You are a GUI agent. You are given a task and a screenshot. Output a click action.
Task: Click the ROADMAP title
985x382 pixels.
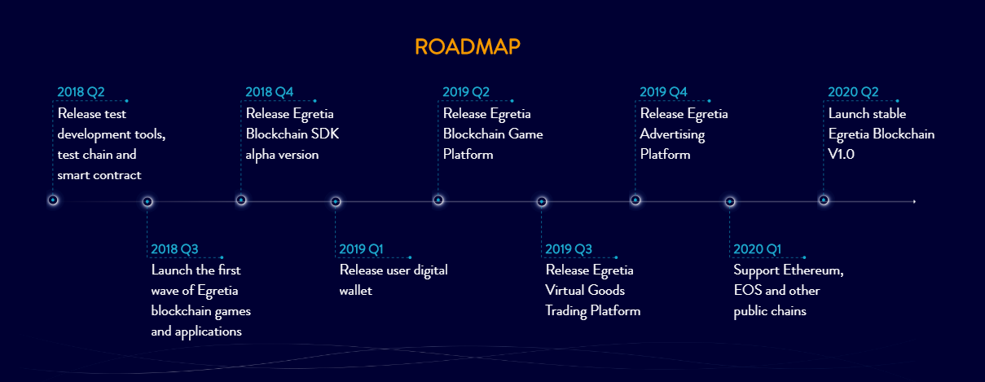pos(468,46)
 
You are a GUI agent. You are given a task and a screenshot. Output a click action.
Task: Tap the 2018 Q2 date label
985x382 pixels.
pos(81,92)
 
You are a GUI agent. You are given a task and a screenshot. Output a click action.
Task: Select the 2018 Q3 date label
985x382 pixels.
pos(174,249)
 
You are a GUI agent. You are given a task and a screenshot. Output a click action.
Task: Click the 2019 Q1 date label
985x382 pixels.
pos(361,249)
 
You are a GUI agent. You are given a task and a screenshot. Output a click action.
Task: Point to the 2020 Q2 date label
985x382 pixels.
pos(853,92)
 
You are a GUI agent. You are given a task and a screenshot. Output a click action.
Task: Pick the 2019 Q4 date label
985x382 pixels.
pos(663,92)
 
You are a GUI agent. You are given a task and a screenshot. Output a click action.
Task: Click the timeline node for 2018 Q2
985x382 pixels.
pos(53,200)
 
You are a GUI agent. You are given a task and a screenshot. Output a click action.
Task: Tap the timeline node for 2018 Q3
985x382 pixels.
pos(147,202)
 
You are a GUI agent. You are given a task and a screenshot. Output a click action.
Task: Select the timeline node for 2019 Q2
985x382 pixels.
pos(438,200)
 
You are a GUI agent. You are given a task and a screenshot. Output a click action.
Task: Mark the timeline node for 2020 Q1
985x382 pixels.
pos(729,202)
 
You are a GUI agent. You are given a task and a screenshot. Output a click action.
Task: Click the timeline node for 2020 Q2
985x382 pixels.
pos(824,200)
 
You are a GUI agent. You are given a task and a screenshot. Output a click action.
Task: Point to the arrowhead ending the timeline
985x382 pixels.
pos(914,201)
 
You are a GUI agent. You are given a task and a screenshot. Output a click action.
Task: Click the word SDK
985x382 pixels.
pos(325,134)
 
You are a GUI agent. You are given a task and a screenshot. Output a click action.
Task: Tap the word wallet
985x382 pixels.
pos(356,291)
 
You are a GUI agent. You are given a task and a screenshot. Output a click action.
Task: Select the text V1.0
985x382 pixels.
pos(842,154)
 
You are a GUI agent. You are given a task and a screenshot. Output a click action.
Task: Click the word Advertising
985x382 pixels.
pos(672,135)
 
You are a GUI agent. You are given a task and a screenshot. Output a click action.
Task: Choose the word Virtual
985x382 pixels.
pos(565,291)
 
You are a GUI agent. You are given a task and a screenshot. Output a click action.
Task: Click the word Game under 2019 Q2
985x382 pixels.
pos(526,134)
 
